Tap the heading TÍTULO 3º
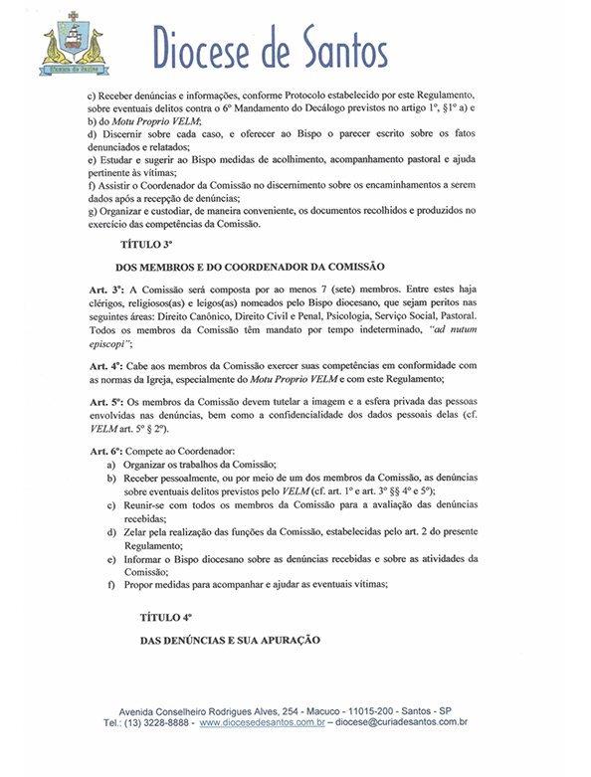click(146, 243)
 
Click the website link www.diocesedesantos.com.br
click(263, 724)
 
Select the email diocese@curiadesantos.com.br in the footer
click(402, 724)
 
